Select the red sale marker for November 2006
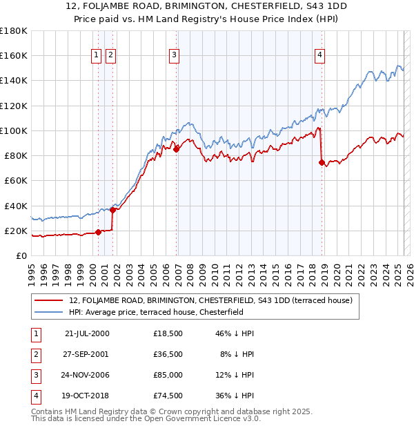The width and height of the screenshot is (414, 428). click(x=177, y=148)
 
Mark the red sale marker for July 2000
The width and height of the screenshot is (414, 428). click(x=98, y=232)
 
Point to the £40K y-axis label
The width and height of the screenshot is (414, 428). click(x=15, y=206)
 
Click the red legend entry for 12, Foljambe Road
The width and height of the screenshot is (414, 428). click(x=211, y=300)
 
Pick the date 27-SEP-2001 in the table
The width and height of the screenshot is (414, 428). click(x=86, y=354)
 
